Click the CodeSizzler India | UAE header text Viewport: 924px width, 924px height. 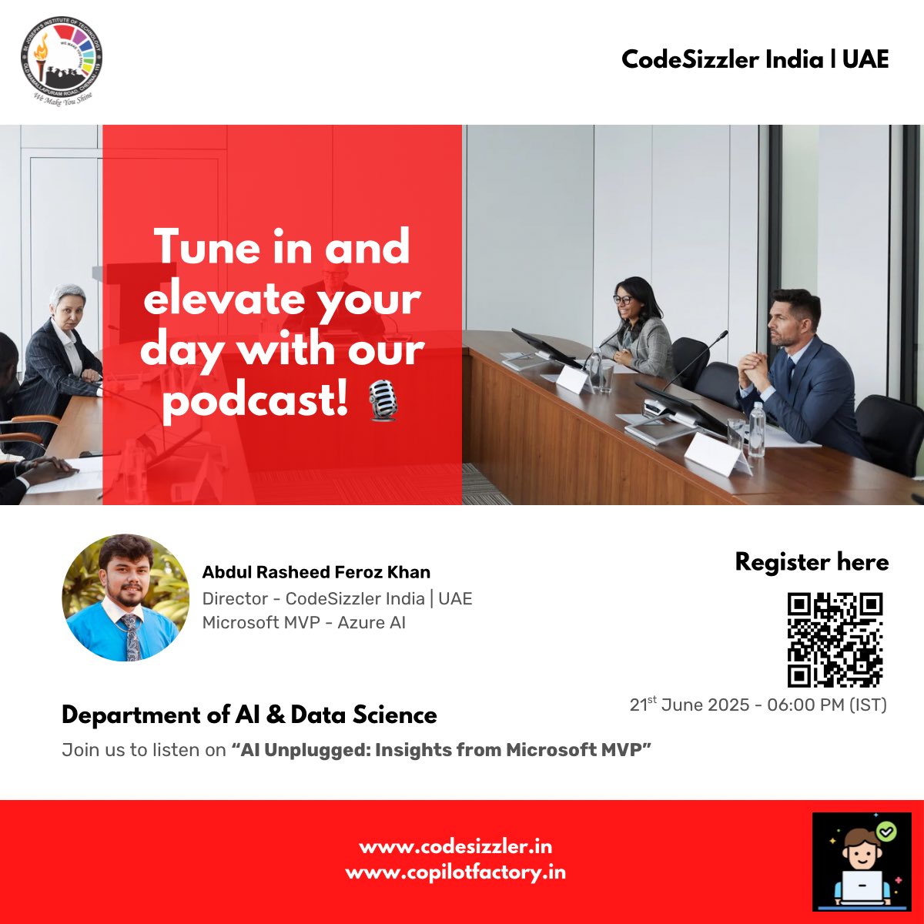(x=755, y=59)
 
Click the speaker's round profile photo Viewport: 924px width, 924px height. (x=126, y=598)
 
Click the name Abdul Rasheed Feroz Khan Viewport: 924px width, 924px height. (x=316, y=572)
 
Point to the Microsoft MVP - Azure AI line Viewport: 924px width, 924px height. (x=303, y=622)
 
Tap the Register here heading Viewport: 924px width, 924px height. (x=812, y=562)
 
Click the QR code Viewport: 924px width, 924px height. (x=835, y=639)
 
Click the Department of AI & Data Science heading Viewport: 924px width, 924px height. (x=249, y=715)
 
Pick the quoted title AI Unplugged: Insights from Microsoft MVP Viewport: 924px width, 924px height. (x=441, y=749)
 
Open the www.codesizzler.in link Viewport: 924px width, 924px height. (x=455, y=846)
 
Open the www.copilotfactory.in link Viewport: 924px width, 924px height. (x=455, y=872)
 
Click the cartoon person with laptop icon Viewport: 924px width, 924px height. (x=862, y=862)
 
